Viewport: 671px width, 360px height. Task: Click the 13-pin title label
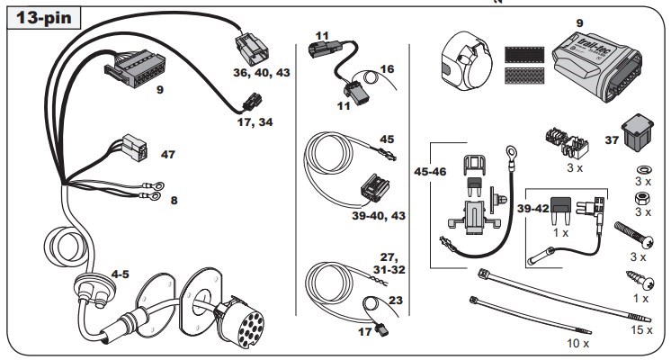[x=44, y=18]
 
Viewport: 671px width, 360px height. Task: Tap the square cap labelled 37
[x=638, y=130]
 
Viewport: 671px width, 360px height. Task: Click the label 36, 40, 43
[x=262, y=73]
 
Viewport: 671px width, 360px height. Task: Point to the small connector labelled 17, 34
[x=252, y=102]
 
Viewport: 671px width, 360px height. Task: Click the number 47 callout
[x=168, y=154]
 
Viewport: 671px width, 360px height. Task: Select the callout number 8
[x=174, y=201]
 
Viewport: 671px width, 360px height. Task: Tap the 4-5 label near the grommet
[x=120, y=274]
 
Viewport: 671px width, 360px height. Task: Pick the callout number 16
[x=387, y=69]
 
